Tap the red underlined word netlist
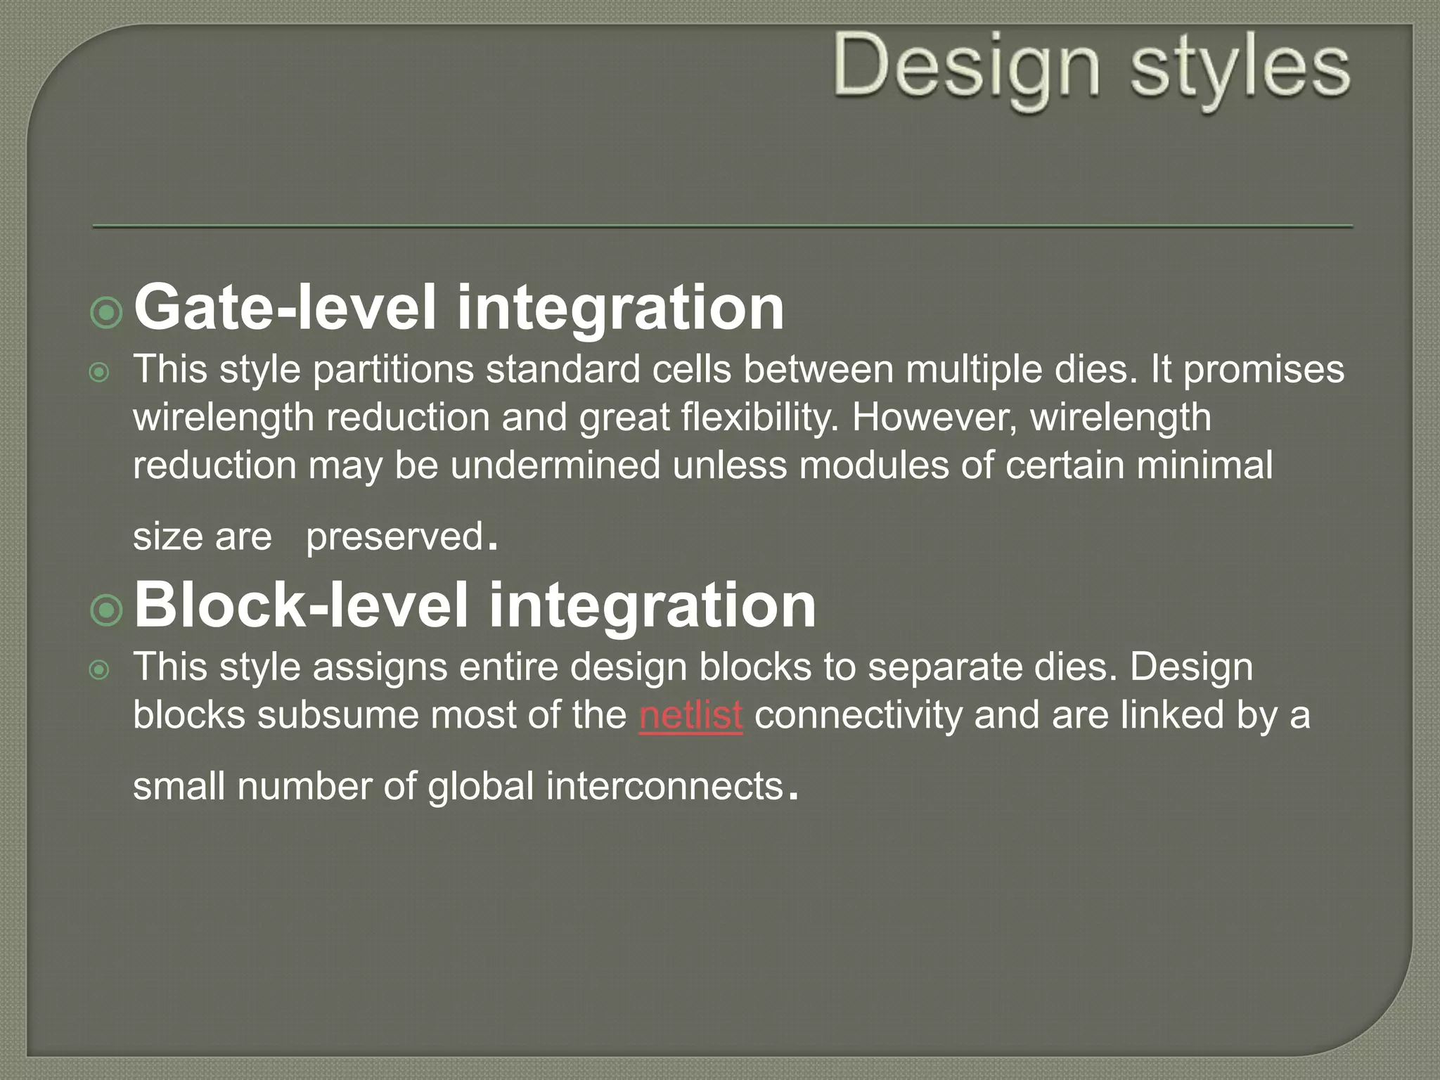(x=690, y=715)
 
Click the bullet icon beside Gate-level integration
(x=107, y=311)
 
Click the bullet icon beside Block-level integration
(x=107, y=610)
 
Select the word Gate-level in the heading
(x=285, y=307)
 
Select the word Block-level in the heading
(x=300, y=605)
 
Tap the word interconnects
(x=664, y=786)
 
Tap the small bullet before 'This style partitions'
(x=100, y=372)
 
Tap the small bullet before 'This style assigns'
(x=100, y=669)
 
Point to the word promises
(x=1264, y=370)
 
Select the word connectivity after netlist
(x=858, y=715)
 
